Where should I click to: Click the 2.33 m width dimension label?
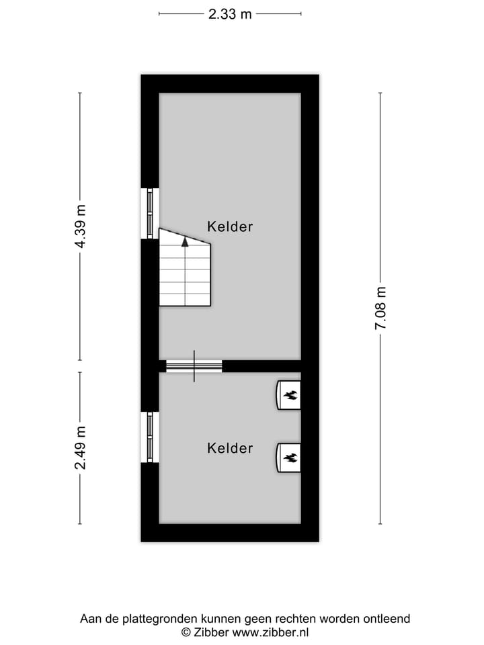click(230, 14)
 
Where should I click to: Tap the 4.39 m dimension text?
click(81, 226)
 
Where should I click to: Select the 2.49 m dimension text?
click(81, 447)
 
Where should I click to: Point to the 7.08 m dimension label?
click(380, 308)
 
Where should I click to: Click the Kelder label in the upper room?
click(230, 226)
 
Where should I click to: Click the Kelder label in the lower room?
click(230, 448)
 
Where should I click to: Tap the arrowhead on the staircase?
click(185, 242)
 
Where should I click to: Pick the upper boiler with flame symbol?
click(289, 394)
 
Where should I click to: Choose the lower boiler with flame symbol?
click(289, 458)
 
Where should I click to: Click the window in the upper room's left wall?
click(150, 213)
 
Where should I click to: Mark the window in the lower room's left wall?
click(150, 437)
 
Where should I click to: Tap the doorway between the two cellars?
click(194, 366)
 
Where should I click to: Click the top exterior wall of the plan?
click(229, 83)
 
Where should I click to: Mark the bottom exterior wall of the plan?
click(229, 532)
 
